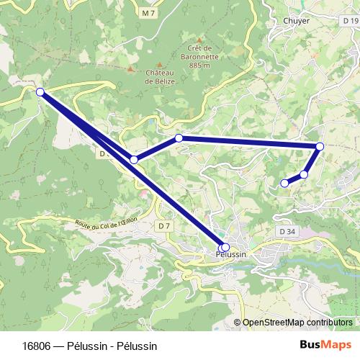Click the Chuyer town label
click(x=297, y=21)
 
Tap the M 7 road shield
click(x=148, y=13)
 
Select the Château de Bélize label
click(x=161, y=77)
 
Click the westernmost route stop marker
click(x=40, y=92)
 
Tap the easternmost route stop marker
click(x=320, y=147)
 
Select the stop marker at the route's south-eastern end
click(x=284, y=183)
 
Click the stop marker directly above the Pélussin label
click(x=225, y=247)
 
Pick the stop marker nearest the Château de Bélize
click(x=179, y=138)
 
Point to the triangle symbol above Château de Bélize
click(x=130, y=68)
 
